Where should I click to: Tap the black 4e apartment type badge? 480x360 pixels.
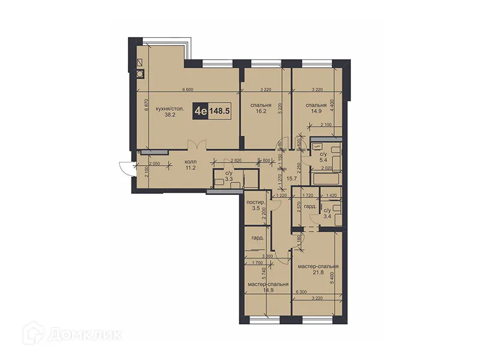[x=200, y=111]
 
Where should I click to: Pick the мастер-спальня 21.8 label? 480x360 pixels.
[x=318, y=269]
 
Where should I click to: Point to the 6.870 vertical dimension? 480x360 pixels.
[x=146, y=107]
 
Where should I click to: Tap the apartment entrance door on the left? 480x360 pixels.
[x=125, y=168]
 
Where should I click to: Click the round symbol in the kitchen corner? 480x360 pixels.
[x=140, y=74]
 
